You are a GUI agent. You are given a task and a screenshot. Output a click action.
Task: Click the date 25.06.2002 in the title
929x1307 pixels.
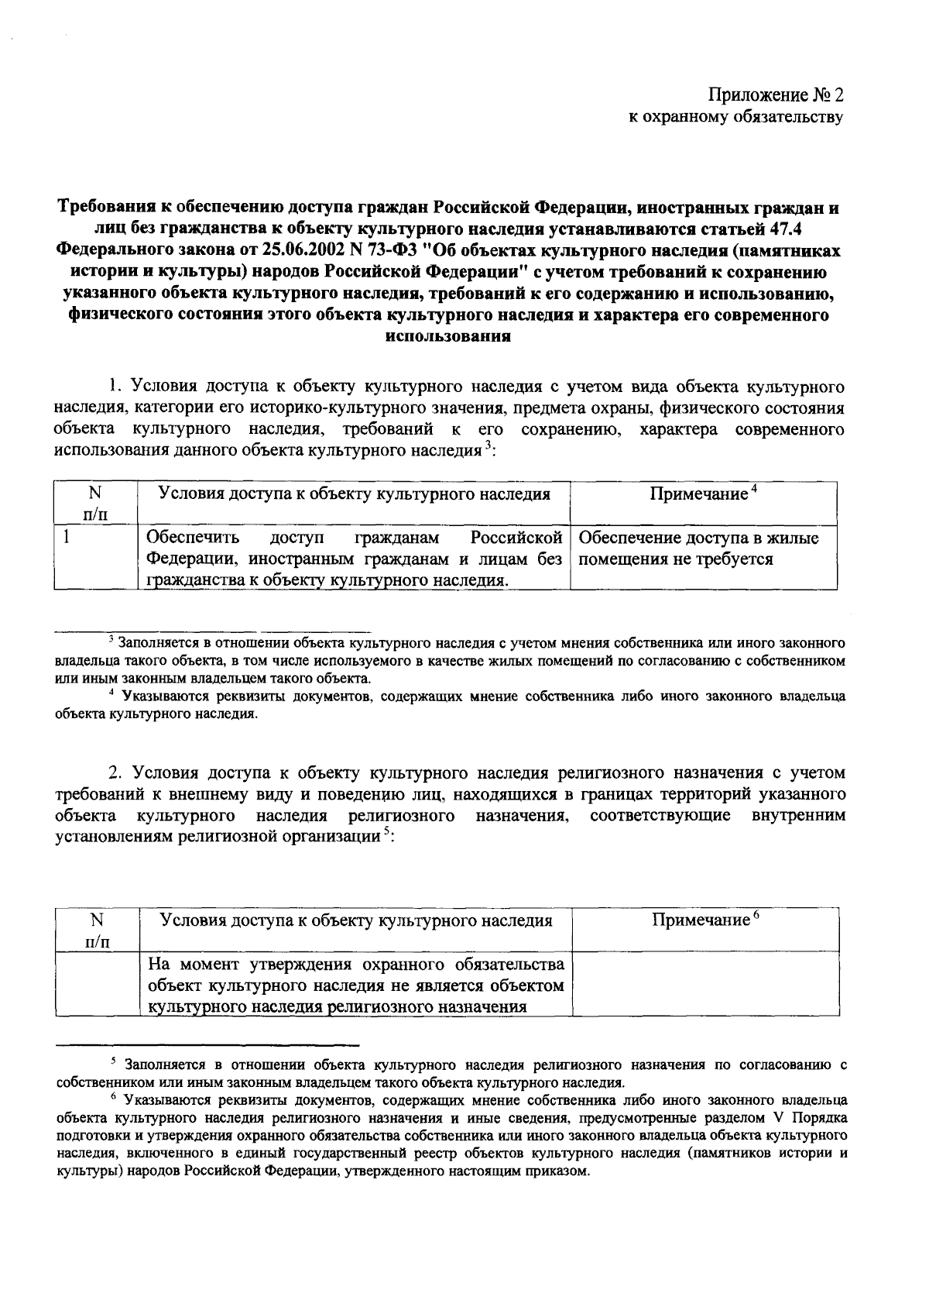tap(302, 251)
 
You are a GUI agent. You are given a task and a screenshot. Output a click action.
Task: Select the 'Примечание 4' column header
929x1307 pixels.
tap(702, 494)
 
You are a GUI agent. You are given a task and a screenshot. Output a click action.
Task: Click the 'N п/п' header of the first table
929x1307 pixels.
tap(95, 502)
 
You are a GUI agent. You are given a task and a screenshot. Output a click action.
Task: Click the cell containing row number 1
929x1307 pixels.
tap(95, 558)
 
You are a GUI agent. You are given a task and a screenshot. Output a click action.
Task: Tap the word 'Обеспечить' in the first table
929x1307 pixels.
tap(193, 537)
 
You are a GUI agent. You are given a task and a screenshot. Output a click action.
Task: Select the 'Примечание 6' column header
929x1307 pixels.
tap(704, 920)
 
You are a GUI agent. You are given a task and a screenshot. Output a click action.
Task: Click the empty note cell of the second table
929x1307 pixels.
tap(704, 982)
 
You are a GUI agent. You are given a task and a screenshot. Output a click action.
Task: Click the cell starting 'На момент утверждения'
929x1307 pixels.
tap(355, 985)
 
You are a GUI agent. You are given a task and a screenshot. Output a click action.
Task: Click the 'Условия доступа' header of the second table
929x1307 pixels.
tap(355, 920)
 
